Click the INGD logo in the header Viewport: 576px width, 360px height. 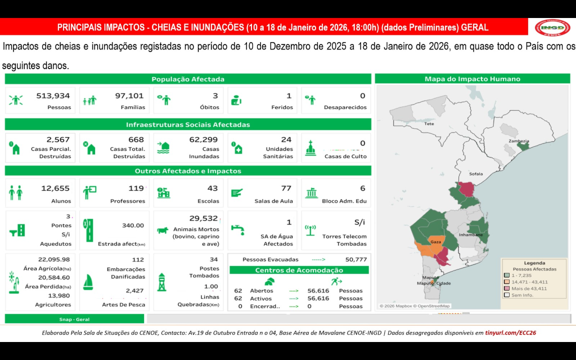point(552,27)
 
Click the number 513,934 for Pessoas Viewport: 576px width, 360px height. point(53,96)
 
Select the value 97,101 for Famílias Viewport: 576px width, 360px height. point(129,96)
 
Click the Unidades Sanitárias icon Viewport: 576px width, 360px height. point(238,148)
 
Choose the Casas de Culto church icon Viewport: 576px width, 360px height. point(310,148)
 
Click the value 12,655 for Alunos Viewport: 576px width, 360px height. point(56,188)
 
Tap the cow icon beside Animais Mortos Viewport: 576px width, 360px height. point(163,229)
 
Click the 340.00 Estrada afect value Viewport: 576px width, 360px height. point(133,226)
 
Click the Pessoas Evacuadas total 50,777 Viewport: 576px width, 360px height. point(356,259)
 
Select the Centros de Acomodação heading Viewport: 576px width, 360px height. point(299,270)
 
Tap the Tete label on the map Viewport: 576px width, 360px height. point(429,123)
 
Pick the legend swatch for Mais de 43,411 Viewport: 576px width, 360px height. point(506,288)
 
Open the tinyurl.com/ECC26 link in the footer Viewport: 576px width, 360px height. point(510,332)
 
